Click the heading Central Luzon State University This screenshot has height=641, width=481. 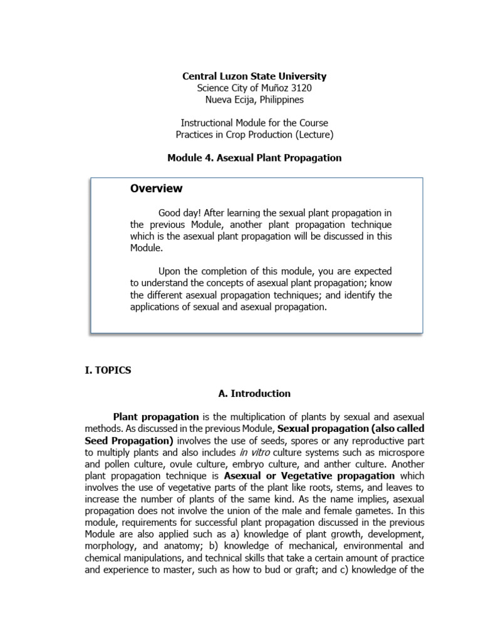(x=254, y=76)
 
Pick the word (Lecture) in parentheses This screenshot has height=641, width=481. (x=313, y=135)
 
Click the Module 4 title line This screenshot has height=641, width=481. (x=254, y=158)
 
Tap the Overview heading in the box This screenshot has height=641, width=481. (x=156, y=188)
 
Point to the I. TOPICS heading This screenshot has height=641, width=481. (x=108, y=370)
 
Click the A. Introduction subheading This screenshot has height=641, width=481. (x=254, y=394)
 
